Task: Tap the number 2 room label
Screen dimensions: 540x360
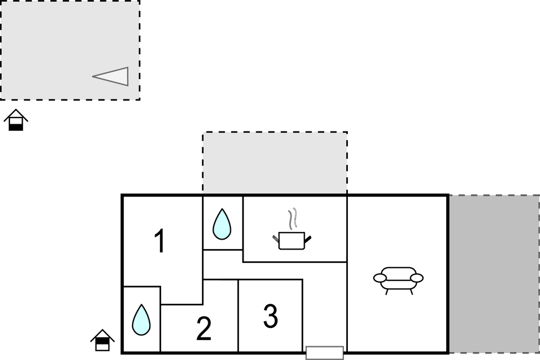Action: (204, 329)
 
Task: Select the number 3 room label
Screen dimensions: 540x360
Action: (271, 316)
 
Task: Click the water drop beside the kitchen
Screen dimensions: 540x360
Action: (222, 224)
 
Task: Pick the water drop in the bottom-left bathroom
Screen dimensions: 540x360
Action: (141, 320)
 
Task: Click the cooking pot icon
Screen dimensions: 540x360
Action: (292, 240)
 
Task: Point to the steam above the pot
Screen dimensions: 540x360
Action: (293, 219)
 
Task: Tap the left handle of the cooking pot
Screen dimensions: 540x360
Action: (276, 239)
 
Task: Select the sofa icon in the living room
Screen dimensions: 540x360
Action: (399, 280)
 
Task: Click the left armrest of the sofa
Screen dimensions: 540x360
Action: (380, 278)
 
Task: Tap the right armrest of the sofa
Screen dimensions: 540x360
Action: (417, 278)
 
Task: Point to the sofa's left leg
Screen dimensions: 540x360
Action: (387, 292)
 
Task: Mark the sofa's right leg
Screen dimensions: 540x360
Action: (411, 292)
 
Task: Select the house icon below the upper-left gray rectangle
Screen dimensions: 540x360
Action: (16, 120)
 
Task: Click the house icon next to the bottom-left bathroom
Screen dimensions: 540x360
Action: (102, 340)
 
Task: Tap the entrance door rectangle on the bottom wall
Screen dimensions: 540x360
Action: (325, 353)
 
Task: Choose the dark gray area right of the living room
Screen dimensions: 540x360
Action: (494, 274)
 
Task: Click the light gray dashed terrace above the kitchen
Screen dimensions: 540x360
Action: (275, 163)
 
